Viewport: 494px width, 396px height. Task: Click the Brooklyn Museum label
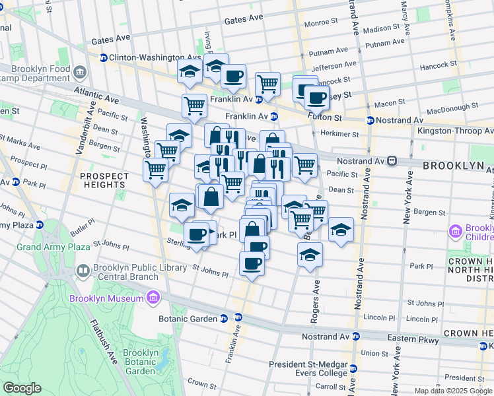107,298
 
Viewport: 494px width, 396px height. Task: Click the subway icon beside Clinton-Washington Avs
104,57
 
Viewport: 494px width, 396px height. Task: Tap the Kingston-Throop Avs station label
454,131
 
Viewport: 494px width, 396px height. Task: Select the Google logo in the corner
21,388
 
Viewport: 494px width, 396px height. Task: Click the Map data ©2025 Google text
453,391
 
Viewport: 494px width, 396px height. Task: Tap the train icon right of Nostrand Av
392,160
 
